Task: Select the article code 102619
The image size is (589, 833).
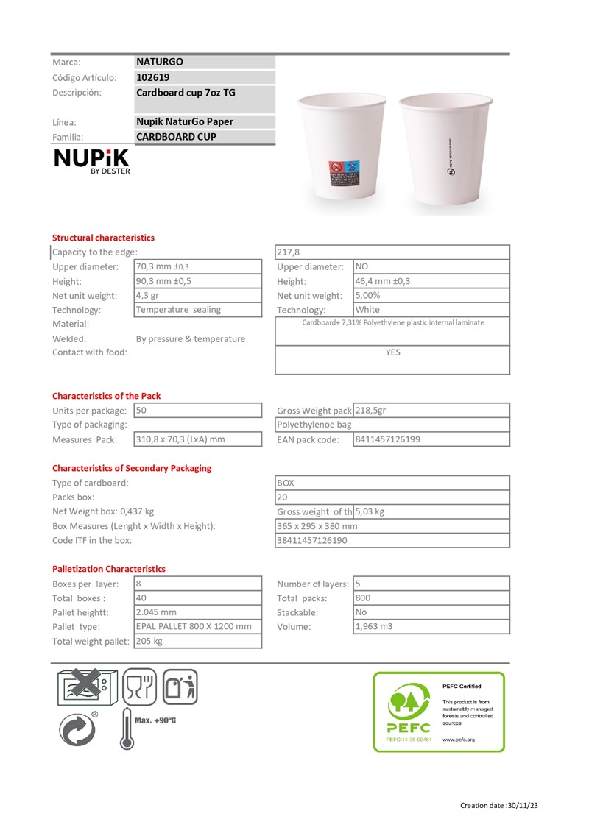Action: pyautogui.click(x=152, y=77)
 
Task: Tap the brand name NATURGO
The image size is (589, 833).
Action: pyautogui.click(x=160, y=63)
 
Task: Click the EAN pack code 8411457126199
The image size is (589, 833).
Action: pyautogui.click(x=388, y=439)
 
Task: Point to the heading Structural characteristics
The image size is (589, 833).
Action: pyautogui.click(x=103, y=238)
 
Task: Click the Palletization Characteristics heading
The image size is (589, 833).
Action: pyautogui.click(x=109, y=569)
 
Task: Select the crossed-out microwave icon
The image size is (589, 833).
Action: pyautogui.click(x=85, y=687)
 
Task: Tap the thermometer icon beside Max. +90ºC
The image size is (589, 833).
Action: pyautogui.click(x=127, y=728)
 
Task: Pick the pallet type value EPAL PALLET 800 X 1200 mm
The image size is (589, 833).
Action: pyautogui.click(x=194, y=626)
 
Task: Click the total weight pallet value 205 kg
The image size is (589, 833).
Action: pyautogui.click(x=149, y=641)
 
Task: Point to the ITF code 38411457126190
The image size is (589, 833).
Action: pyautogui.click(x=312, y=540)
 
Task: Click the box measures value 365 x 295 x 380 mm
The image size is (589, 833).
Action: pyautogui.click(x=317, y=526)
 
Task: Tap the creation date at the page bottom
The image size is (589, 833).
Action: pyautogui.click(x=499, y=805)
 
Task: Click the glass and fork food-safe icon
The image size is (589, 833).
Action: pyautogui.click(x=139, y=688)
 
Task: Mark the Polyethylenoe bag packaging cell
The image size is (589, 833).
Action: pyautogui.click(x=314, y=425)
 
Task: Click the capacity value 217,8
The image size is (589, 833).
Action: pyautogui.click(x=289, y=252)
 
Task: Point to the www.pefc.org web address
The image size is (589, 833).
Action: pyautogui.click(x=458, y=739)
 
